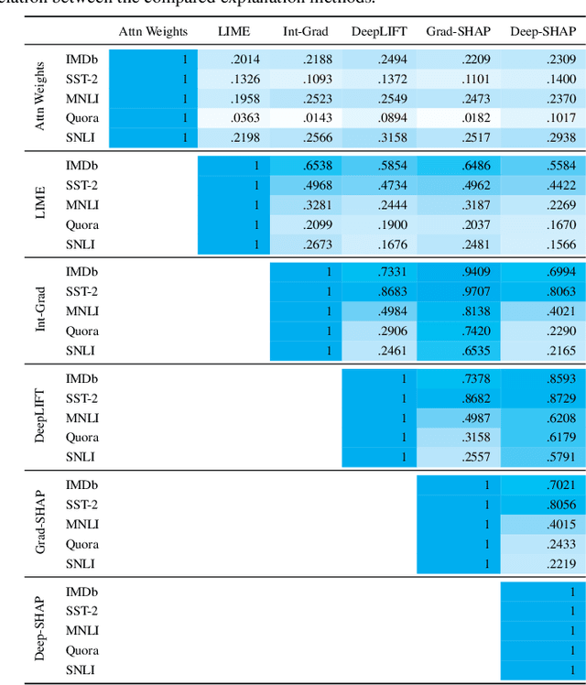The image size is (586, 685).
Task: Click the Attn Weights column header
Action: pyautogui.click(x=153, y=31)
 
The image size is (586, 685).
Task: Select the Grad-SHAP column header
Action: pyautogui.click(x=458, y=31)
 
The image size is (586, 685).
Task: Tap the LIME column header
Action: pyautogui.click(x=233, y=31)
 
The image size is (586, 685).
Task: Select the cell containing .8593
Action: pyautogui.click(x=557, y=378)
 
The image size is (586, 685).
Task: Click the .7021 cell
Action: pyautogui.click(x=557, y=484)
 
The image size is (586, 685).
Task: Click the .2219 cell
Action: pyautogui.click(x=557, y=563)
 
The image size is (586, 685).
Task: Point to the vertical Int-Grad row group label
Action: pyautogui.click(x=40, y=311)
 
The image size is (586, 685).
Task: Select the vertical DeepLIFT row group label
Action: pyautogui.click(x=40, y=418)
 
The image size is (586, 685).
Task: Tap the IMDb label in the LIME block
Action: pyautogui.click(x=81, y=166)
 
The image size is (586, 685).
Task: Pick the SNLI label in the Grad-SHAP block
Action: pyautogui.click(x=81, y=563)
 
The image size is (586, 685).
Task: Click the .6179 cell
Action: pyautogui.click(x=557, y=437)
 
